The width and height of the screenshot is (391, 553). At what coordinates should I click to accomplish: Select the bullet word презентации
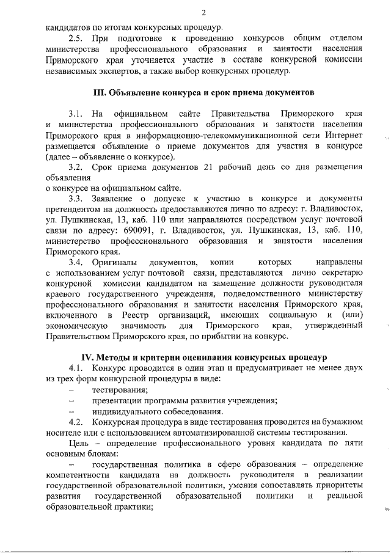[x=117, y=400]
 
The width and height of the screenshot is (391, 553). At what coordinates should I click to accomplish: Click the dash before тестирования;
[x=72, y=390]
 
